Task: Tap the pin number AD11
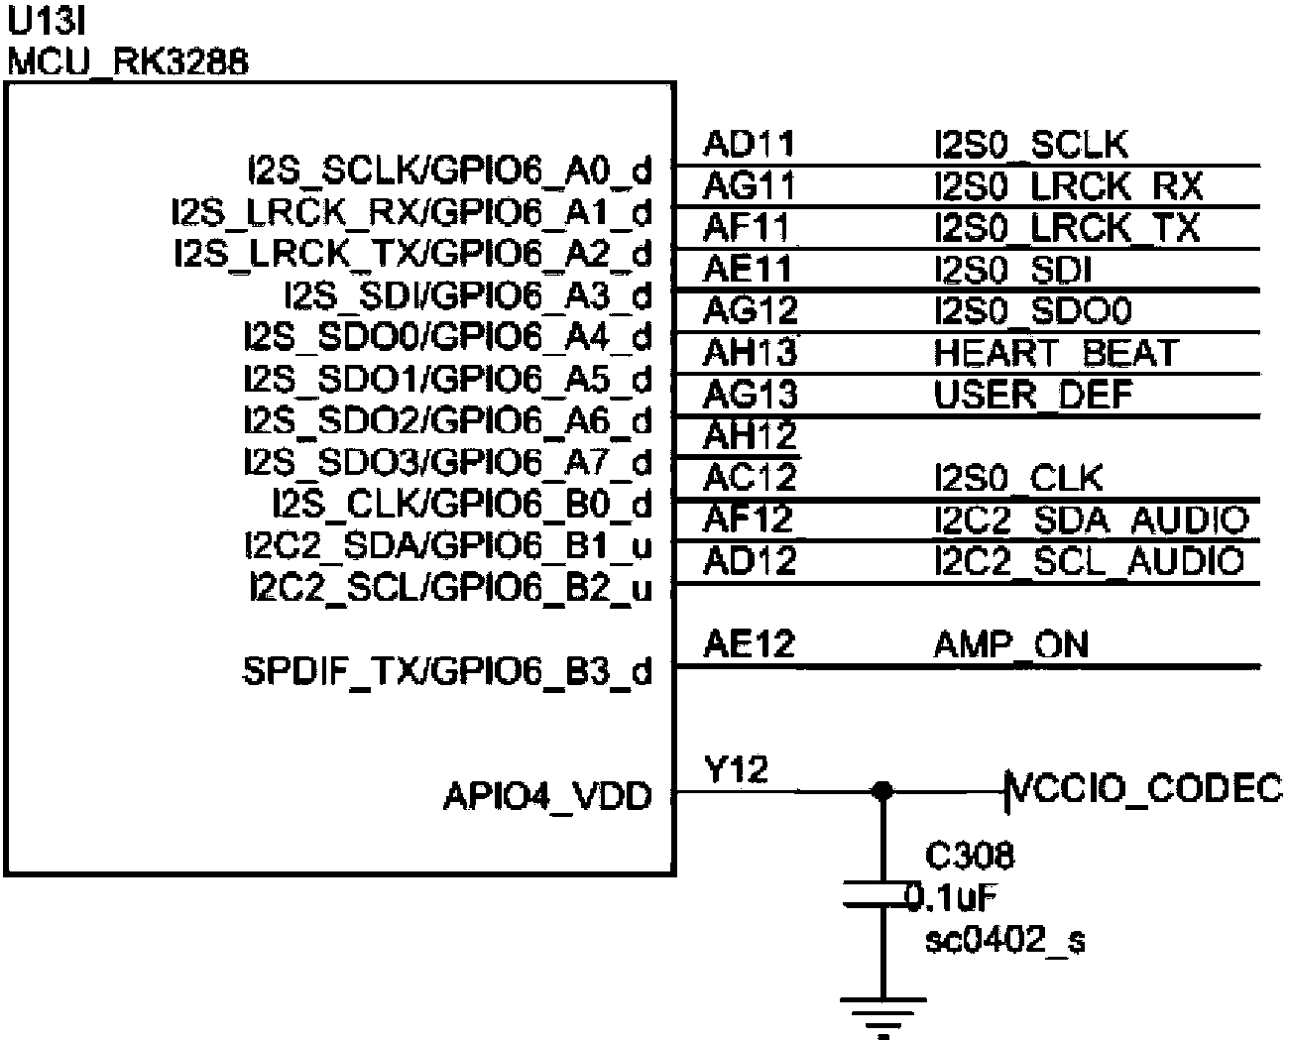coord(749,145)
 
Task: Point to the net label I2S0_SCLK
coord(1031,146)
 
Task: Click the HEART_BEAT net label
coord(1056,354)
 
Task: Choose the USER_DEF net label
coord(1032,396)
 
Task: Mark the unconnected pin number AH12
coord(750,435)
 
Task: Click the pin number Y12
coord(736,770)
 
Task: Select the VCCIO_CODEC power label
coord(1146,789)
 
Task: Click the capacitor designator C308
coord(969,855)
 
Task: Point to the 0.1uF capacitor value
coord(954,897)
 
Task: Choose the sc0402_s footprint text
coord(1004,939)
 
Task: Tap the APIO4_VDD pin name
coord(547,796)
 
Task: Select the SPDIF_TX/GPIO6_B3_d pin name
coord(448,672)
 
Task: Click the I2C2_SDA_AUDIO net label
coord(1090,520)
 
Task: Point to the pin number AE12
coord(749,645)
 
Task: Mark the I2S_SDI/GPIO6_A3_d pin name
coord(468,296)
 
